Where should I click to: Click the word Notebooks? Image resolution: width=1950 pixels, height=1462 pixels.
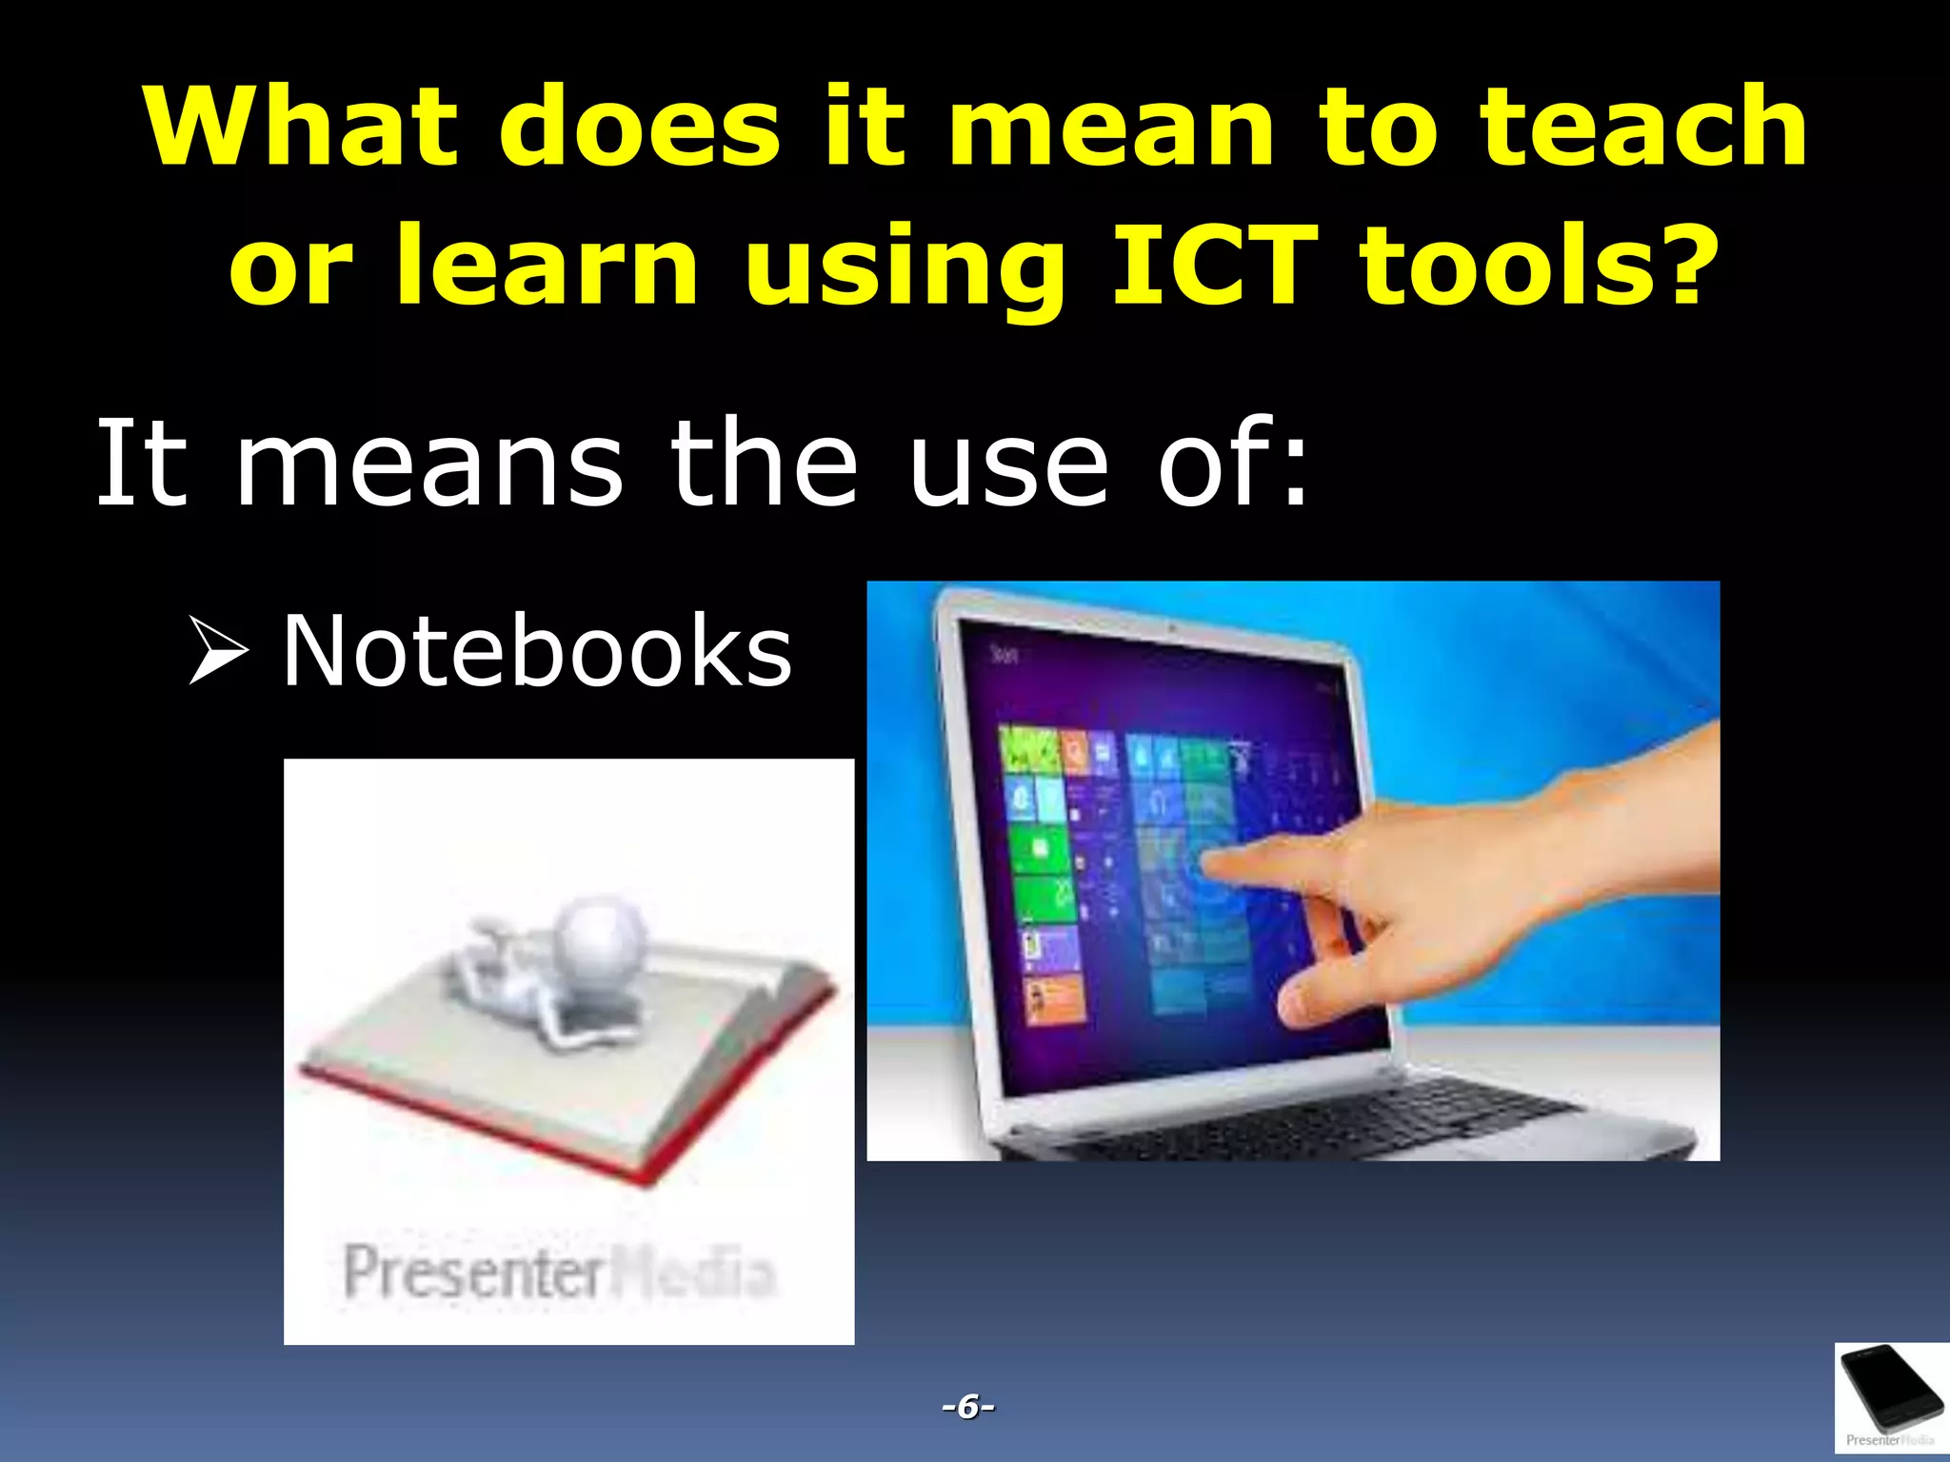click(x=536, y=651)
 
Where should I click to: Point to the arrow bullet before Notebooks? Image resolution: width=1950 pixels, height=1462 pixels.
click(x=217, y=651)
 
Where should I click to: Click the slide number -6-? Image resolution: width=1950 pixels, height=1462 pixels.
click(x=967, y=1406)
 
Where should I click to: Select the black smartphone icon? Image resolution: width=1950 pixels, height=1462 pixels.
click(x=1890, y=1391)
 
